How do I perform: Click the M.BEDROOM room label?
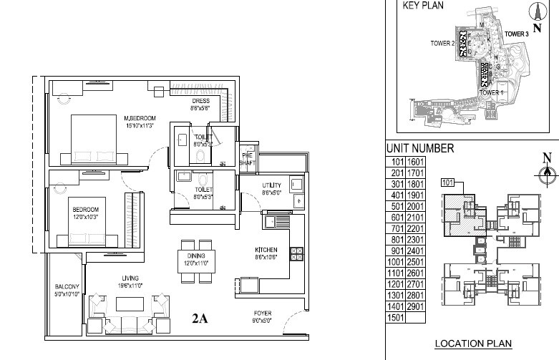pos(139,118)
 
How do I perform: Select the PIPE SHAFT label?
pos(247,160)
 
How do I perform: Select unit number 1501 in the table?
pos(395,317)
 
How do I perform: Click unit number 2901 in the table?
pos(416,306)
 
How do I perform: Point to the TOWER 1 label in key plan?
pos(492,93)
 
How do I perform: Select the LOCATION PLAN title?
pos(472,344)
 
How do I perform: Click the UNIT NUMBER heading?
pos(419,148)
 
